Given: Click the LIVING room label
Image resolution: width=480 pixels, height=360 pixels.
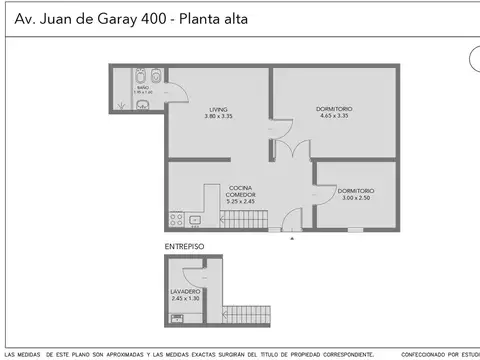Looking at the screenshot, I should click(x=219, y=109).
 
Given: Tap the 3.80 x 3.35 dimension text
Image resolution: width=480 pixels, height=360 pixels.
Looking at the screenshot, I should click(x=219, y=117).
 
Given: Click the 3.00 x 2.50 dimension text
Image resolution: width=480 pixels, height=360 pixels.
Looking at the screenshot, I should click(x=355, y=198).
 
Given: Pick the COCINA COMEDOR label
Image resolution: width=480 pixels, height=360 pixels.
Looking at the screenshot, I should click(x=241, y=191).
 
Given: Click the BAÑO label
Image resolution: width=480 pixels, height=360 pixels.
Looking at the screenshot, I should click(x=143, y=88).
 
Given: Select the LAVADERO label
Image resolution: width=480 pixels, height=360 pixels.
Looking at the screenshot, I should click(x=186, y=291).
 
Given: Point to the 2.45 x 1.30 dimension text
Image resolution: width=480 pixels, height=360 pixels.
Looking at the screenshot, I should click(x=186, y=299).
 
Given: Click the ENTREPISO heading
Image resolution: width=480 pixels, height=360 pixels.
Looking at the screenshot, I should click(x=184, y=245).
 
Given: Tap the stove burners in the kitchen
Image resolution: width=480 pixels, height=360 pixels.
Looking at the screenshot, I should click(x=176, y=219).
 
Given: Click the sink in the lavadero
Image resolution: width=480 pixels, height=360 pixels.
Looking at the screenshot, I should click(x=176, y=319).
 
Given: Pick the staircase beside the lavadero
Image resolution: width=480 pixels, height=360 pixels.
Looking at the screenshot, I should click(x=246, y=315).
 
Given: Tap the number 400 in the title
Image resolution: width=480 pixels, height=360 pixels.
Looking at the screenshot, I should click(x=142, y=19).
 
